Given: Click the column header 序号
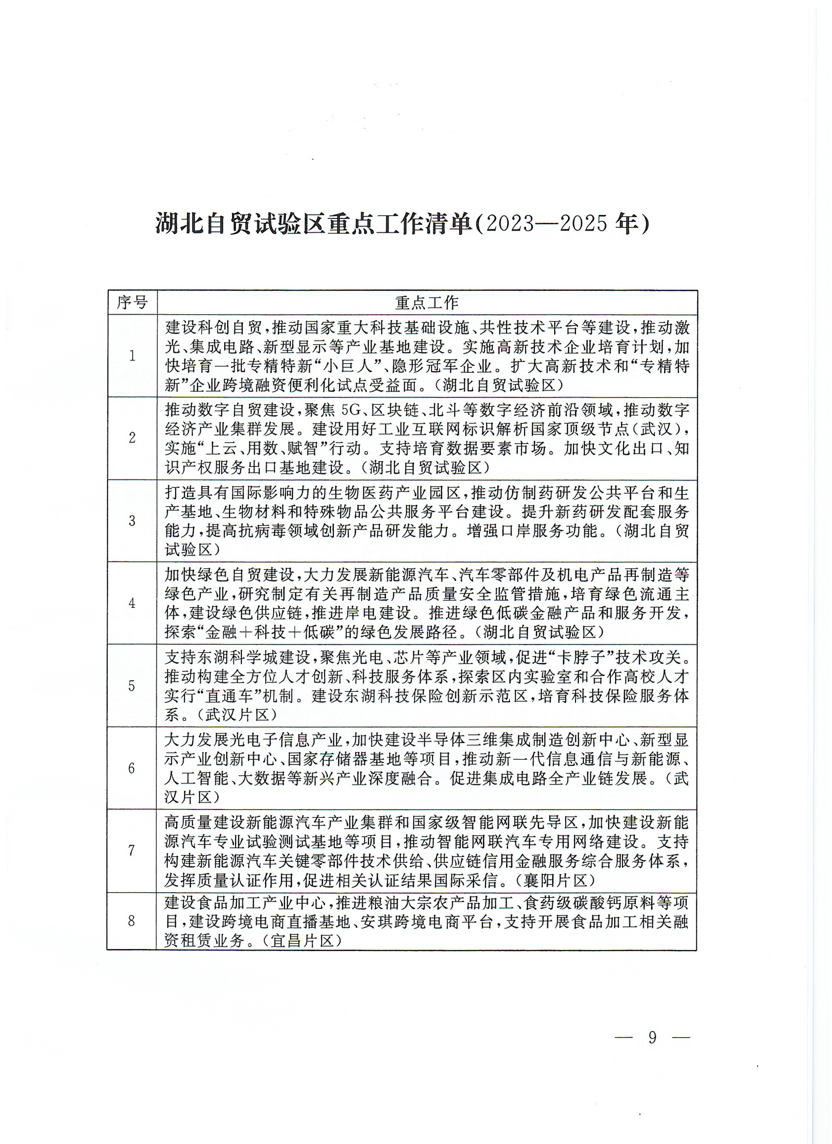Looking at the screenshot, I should (x=132, y=303).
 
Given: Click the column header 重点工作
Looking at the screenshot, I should (x=426, y=303).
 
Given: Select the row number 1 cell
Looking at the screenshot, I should (x=132, y=356).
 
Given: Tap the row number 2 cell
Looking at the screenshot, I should (x=132, y=438).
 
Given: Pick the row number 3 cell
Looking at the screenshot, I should (x=132, y=521).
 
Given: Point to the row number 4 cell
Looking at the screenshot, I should (x=132, y=603).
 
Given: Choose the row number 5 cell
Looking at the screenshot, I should (x=132, y=686).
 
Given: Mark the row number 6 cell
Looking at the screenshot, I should (x=132, y=768).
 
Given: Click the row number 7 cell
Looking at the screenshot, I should (x=132, y=851).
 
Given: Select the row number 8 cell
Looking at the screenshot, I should (x=132, y=921).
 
